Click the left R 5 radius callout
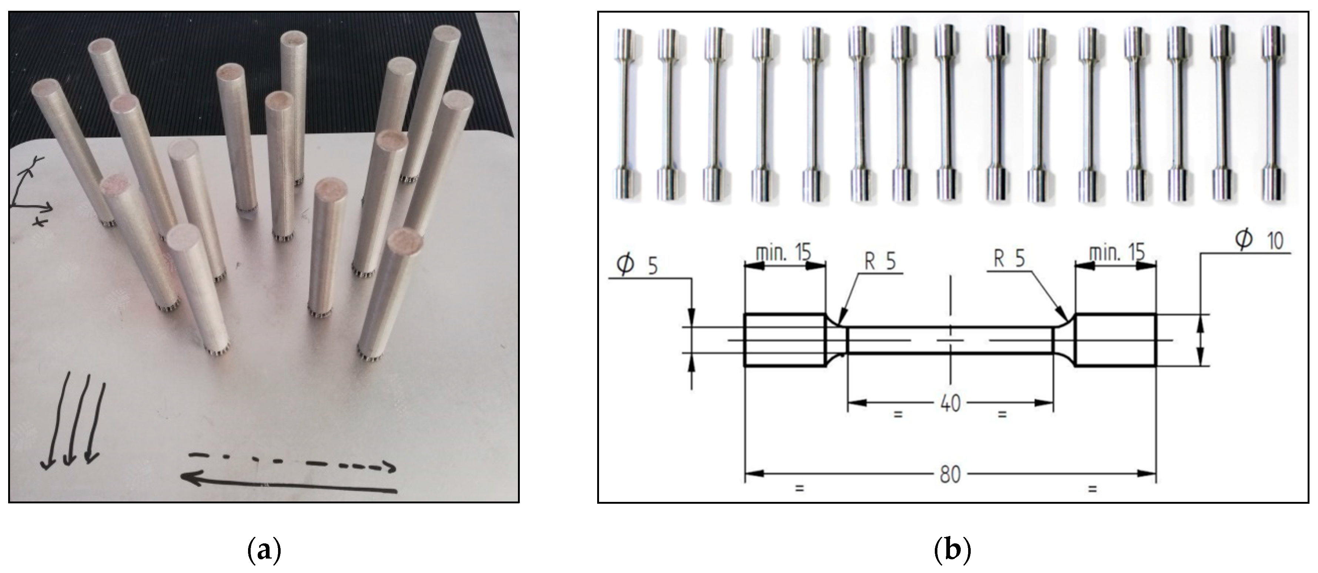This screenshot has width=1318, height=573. pos(880,261)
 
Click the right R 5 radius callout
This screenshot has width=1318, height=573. pos(1009,259)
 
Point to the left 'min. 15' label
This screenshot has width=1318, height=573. pos(783,252)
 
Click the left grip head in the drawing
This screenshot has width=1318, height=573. pos(785,340)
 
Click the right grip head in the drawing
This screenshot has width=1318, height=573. pos(1115,340)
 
